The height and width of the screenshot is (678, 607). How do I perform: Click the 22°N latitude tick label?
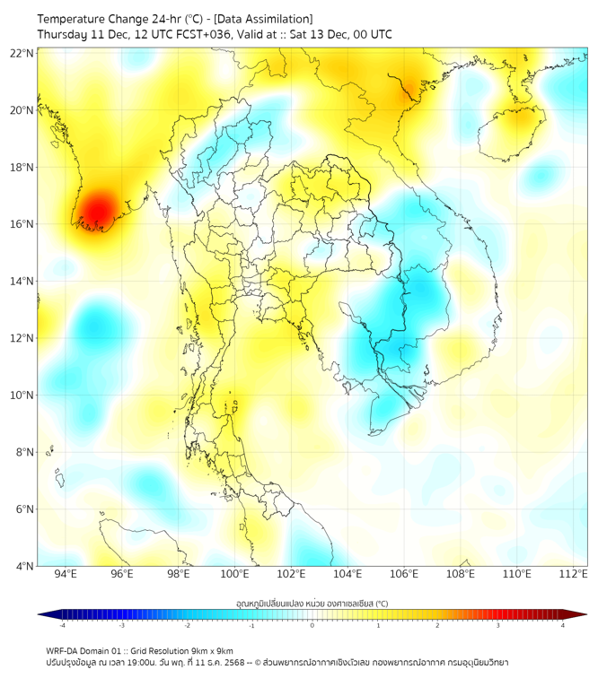click(x=22, y=54)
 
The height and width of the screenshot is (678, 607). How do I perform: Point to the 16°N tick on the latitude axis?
click(x=22, y=224)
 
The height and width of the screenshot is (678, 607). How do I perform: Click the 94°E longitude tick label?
click(x=66, y=574)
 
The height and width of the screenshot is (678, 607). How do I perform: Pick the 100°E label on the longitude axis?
click(x=235, y=574)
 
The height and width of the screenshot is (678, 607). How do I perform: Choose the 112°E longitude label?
click(x=574, y=574)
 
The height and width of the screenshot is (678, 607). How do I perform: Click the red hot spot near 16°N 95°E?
click(x=92, y=213)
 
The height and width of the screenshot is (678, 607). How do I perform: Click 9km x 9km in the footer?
click(x=210, y=650)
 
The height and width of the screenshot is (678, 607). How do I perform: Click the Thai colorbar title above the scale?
click(x=312, y=603)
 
